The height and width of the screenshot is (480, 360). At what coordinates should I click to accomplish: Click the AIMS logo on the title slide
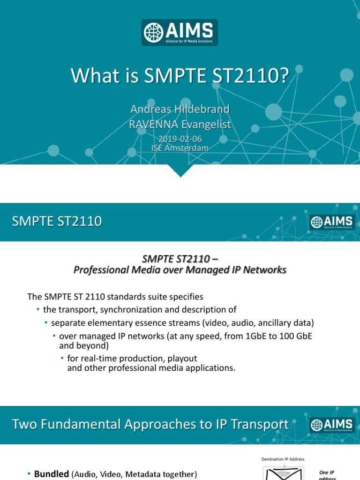[x=180, y=32]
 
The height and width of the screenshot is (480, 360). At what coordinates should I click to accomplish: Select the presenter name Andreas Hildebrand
[x=180, y=109]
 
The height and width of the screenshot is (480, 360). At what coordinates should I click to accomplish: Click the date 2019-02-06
[x=180, y=139]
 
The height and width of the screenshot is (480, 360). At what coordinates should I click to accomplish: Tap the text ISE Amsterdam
[x=180, y=148]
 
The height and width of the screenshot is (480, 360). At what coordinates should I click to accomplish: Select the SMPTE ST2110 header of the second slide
[x=57, y=221]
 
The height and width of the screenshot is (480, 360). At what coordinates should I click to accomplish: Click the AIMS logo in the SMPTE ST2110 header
[x=331, y=222]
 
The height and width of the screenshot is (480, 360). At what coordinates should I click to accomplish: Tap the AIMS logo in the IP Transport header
[x=331, y=425]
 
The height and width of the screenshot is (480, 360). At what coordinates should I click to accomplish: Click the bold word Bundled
[x=52, y=474]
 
